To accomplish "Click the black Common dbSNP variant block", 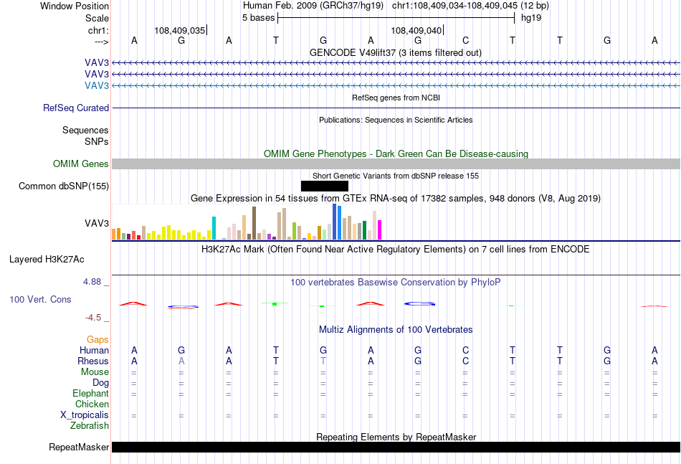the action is [325, 186].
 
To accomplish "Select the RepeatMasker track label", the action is [79, 447].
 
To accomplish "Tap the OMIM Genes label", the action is [81, 164].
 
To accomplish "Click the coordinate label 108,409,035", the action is [179, 30].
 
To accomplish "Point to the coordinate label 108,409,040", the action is [416, 30].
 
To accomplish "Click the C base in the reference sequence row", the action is [465, 40].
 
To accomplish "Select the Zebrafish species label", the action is [90, 426].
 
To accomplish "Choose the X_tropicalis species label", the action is [85, 415].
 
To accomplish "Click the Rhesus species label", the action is [93, 361].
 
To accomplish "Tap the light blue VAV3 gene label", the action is [97, 85].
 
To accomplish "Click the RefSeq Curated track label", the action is [76, 108].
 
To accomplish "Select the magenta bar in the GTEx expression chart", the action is [379, 229].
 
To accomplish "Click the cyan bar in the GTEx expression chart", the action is [214, 228].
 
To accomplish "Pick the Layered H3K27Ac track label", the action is [47, 260].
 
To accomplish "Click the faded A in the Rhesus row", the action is [181, 361].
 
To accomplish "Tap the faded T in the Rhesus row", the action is [323, 361].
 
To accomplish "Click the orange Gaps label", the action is [97, 339].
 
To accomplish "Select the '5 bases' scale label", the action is [258, 18].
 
